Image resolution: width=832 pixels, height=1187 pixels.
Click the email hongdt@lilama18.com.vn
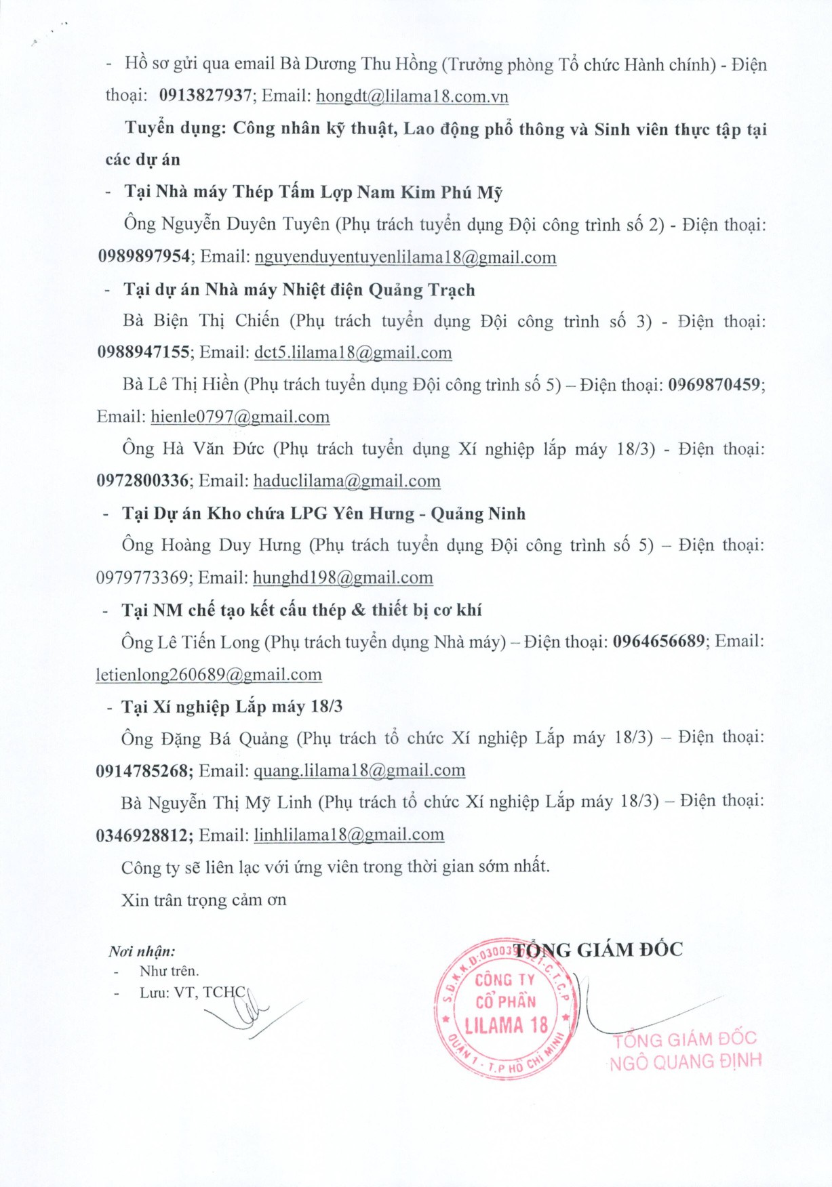click(412, 96)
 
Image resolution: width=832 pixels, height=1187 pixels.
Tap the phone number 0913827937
click(205, 96)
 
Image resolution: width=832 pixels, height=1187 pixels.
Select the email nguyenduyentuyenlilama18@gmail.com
click(405, 257)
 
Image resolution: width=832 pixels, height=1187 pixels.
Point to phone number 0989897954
click(144, 257)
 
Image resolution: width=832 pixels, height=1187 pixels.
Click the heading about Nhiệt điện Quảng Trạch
click(299, 290)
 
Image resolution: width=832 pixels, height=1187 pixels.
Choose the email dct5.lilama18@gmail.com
click(353, 353)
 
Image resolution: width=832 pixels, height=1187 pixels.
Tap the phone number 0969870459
click(714, 385)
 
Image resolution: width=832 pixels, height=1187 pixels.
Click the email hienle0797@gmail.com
click(240, 417)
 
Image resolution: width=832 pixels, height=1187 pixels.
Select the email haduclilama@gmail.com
click(347, 481)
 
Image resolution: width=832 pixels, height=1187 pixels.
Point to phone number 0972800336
click(142, 481)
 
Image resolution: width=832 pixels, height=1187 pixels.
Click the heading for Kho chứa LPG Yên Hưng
click(324, 514)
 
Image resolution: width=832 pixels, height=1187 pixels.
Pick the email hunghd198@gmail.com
click(343, 578)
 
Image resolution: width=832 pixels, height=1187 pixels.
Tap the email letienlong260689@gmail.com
click(209, 675)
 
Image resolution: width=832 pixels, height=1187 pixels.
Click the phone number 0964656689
click(659, 642)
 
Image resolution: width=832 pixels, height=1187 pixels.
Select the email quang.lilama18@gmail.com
click(359, 771)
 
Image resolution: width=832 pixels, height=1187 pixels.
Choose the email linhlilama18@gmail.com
click(349, 835)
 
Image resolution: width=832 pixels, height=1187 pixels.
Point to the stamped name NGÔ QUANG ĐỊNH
click(686, 1062)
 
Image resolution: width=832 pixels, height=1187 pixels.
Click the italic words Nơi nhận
click(142, 951)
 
